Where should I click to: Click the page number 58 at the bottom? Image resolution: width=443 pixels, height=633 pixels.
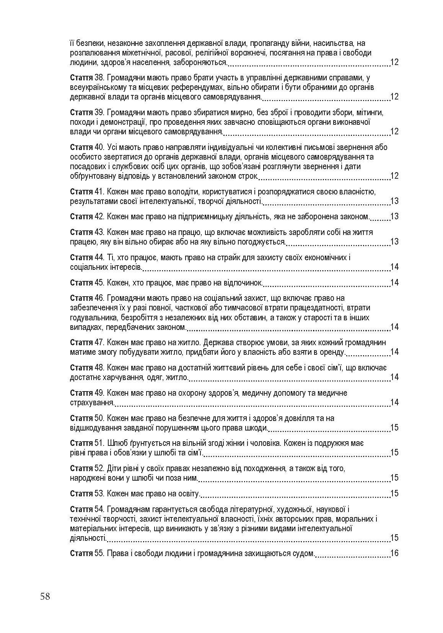coord(45,597)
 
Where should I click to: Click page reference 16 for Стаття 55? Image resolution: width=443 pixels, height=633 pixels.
coord(394,553)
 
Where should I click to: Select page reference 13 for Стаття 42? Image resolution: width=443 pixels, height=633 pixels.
coord(394,217)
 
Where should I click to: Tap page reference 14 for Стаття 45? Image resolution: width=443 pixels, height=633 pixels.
coord(394,283)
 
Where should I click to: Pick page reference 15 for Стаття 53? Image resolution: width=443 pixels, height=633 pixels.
coord(394,493)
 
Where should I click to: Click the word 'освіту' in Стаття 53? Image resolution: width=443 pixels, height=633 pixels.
coord(188,493)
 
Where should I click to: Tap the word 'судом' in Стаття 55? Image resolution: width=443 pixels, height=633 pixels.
coord(304,553)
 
